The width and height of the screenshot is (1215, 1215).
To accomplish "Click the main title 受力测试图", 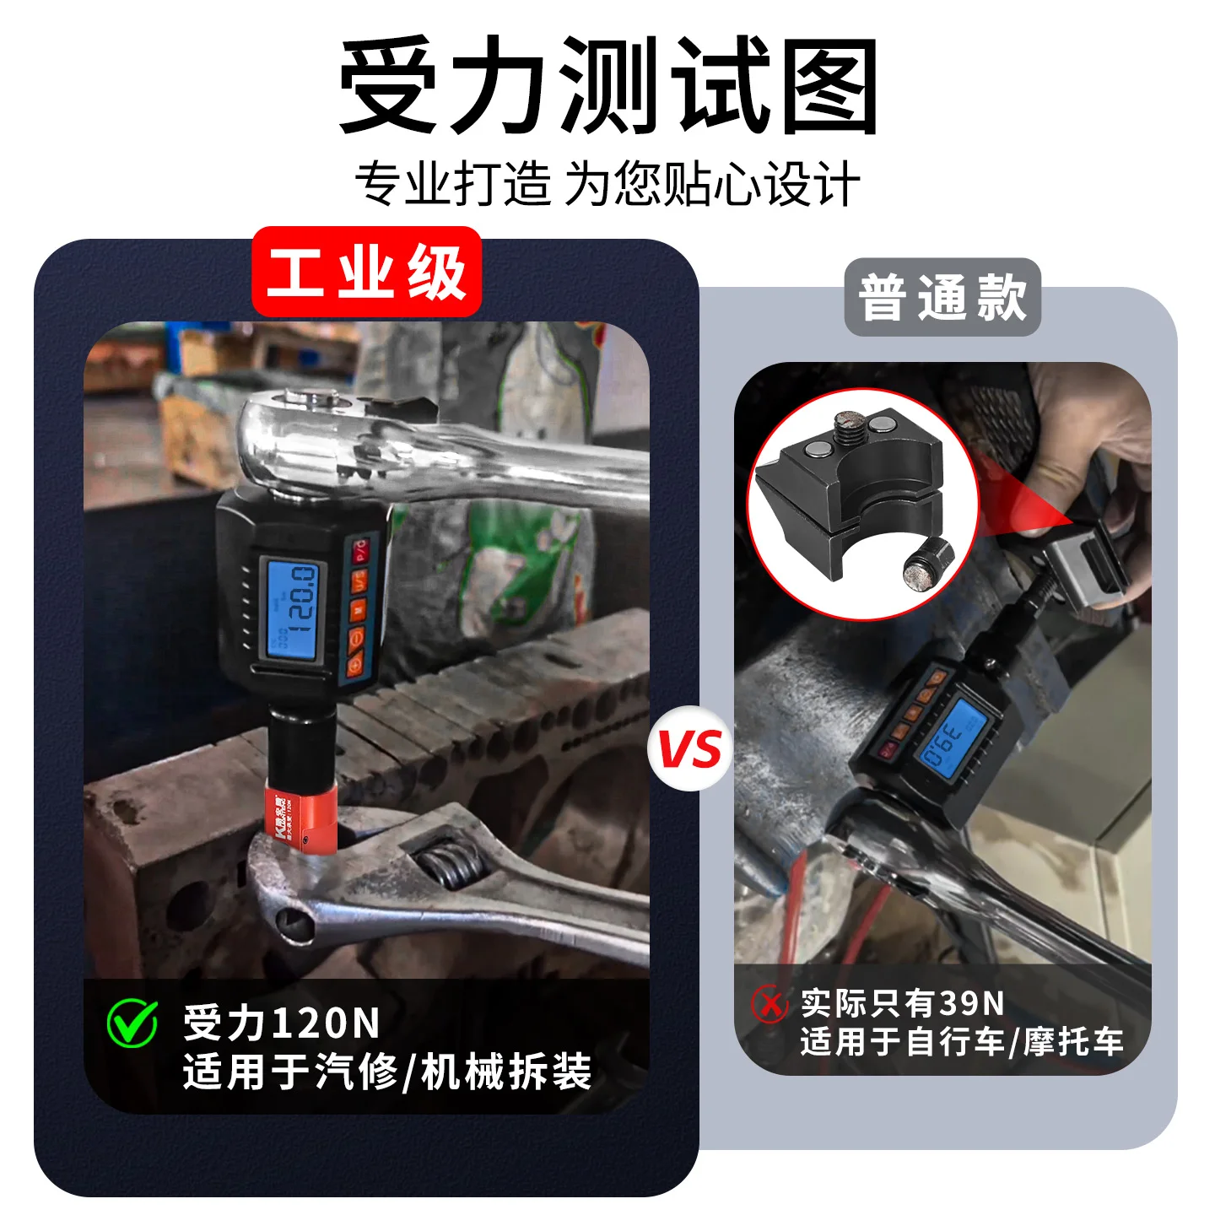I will (607, 86).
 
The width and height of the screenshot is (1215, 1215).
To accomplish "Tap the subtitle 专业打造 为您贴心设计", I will (607, 184).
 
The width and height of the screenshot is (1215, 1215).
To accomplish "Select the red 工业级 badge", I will (367, 272).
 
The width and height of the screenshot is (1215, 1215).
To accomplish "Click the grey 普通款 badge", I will (942, 297).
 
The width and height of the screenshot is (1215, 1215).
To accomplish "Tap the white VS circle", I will (689, 748).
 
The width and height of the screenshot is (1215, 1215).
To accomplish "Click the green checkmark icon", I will (132, 1023).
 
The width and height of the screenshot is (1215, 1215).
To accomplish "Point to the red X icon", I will (769, 1004).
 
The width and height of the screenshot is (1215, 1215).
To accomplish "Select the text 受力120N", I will (282, 1023).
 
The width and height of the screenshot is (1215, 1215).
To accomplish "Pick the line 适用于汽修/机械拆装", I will (386, 1072).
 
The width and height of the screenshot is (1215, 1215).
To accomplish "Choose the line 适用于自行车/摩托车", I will (962, 1042).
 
